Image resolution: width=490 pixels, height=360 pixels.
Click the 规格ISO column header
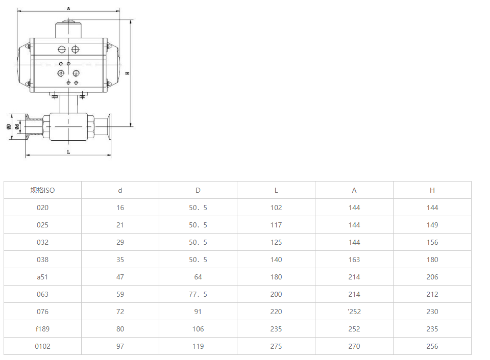pyautogui.click(x=42, y=190)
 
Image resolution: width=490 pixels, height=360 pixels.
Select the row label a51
pyautogui.click(x=42, y=277)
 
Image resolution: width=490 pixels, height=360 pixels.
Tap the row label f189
pyautogui.click(x=42, y=329)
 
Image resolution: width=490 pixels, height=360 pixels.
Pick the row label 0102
pyautogui.click(x=42, y=346)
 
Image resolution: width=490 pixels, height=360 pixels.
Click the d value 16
pyautogui.click(x=120, y=208)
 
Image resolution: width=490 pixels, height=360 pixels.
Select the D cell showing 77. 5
pyautogui.click(x=198, y=294)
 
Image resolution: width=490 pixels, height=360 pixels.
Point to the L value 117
pyautogui.click(x=276, y=225)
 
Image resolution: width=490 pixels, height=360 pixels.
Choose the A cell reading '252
pyautogui.click(x=354, y=312)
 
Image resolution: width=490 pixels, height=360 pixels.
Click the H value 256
pyautogui.click(x=432, y=346)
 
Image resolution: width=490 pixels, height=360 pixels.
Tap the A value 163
pyautogui.click(x=354, y=260)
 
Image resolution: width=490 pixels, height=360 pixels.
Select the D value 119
pyautogui.click(x=198, y=346)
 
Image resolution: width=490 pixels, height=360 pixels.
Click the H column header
pyautogui.click(x=432, y=190)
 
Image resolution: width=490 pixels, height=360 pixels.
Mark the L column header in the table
pyautogui.click(x=276, y=190)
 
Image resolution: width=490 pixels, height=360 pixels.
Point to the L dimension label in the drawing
pyautogui.click(x=68, y=152)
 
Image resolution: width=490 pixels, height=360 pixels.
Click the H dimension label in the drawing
pyautogui.click(x=128, y=73)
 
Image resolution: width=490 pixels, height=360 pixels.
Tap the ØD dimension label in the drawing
pyautogui.click(x=9, y=126)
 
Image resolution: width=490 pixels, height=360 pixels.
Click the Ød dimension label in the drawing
pyautogui.click(x=17, y=126)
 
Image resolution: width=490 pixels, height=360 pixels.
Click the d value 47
pyautogui.click(x=120, y=277)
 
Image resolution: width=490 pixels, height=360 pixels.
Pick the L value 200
pyautogui.click(x=276, y=294)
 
